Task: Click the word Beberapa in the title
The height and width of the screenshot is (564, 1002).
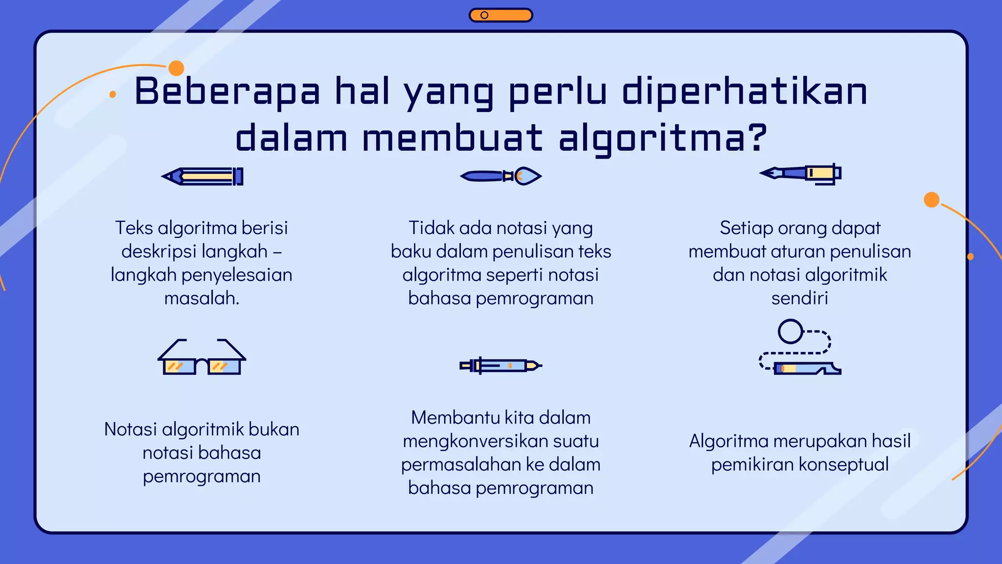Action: click(227, 92)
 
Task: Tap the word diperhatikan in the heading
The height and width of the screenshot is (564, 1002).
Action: click(744, 92)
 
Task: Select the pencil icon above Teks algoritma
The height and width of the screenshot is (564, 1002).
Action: click(203, 176)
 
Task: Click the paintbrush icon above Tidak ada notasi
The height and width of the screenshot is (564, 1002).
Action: click(501, 176)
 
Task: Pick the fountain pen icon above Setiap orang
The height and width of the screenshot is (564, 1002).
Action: click(800, 173)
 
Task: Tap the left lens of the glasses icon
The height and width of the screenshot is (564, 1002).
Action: click(178, 366)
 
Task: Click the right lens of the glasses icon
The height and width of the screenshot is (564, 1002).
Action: click(224, 366)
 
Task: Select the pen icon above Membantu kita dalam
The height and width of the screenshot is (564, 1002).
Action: click(501, 366)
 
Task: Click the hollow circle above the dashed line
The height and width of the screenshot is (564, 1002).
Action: click(790, 331)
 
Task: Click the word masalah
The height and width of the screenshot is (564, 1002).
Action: click(202, 298)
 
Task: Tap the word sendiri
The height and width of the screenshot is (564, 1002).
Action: click(799, 298)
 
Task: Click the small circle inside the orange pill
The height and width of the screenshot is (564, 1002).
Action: click(484, 15)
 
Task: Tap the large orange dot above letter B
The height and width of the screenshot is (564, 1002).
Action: click(176, 68)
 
